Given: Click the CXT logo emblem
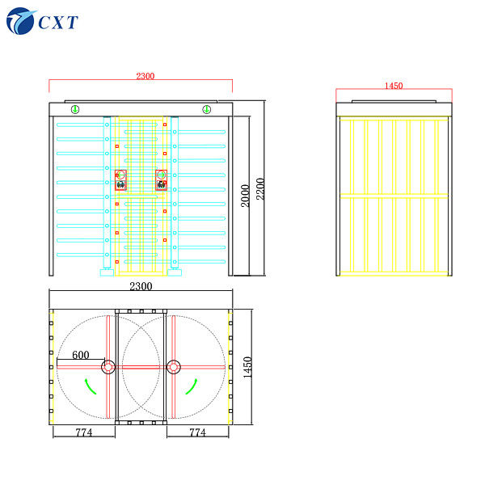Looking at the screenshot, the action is point(20,21).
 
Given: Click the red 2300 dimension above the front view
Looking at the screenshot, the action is point(145,76).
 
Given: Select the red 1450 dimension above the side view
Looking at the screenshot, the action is point(394,86).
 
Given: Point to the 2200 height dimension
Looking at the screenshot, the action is point(260,188).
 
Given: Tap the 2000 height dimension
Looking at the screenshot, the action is point(245,196).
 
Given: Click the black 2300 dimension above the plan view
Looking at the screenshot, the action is point(141,286).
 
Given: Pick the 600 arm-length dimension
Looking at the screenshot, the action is point(81,355).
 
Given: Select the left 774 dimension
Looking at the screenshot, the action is point(84,432).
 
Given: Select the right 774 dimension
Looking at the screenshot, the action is point(198,432).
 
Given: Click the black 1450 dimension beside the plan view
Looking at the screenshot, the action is point(247,367).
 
